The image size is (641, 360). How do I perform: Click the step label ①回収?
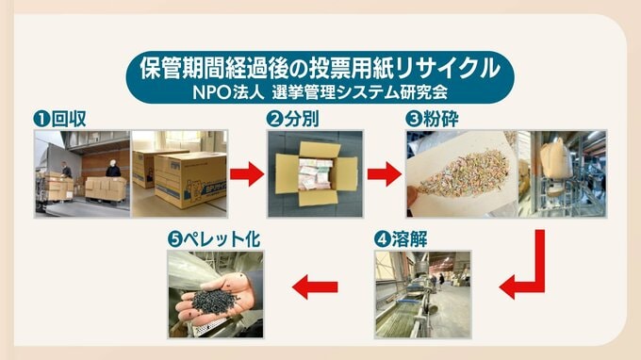pyautogui.click(x=59, y=119)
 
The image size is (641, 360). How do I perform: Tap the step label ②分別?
pyautogui.click(x=292, y=119)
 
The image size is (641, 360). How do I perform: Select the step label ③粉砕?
pyautogui.click(x=432, y=119)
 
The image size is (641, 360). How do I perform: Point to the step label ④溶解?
pyautogui.click(x=401, y=239)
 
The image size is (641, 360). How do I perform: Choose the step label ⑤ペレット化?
pyautogui.click(x=214, y=239)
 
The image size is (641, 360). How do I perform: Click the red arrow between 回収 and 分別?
pyautogui.click(x=247, y=174)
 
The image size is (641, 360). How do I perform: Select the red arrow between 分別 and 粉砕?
pyautogui.click(x=385, y=174)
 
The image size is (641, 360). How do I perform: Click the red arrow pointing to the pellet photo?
pyautogui.click(x=315, y=286)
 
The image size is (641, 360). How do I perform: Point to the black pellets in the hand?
pyautogui.click(x=215, y=302)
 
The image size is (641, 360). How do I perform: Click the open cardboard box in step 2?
pyautogui.click(x=316, y=173)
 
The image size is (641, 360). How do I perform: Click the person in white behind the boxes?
pyautogui.click(x=113, y=168)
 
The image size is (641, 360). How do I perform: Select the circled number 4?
pyautogui.click(x=382, y=240)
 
